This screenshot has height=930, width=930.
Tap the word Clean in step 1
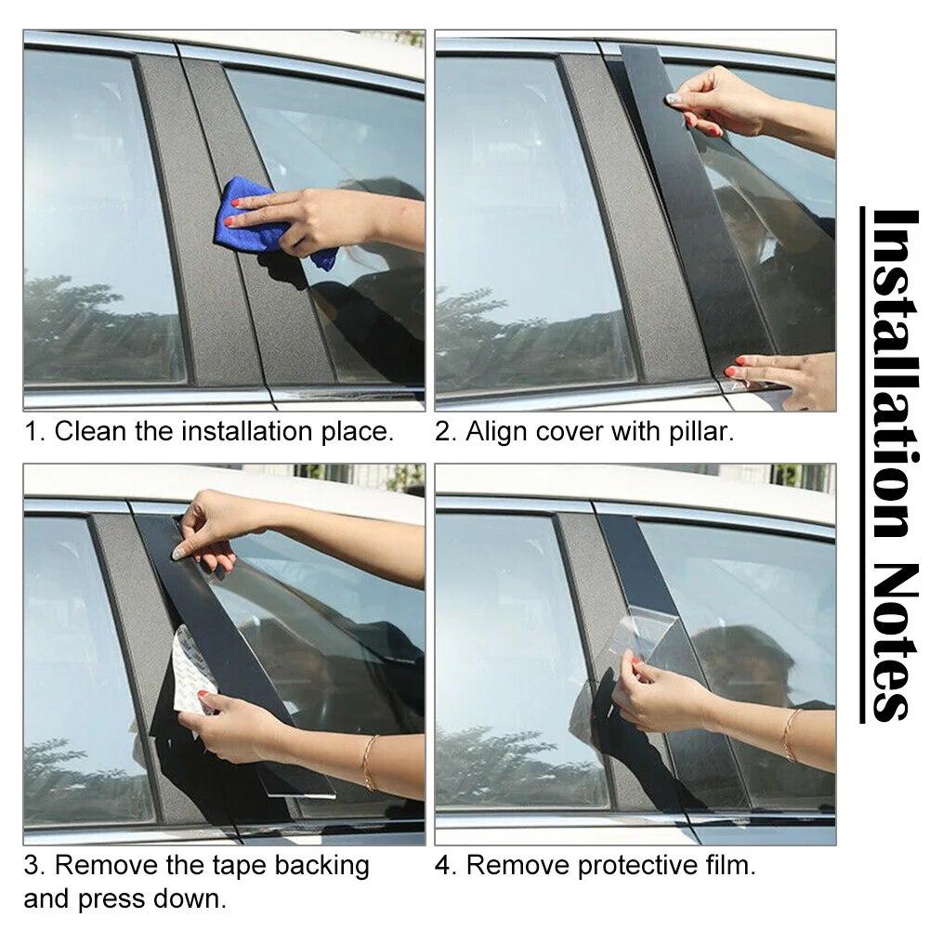coord(90,431)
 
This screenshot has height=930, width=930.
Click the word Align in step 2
coord(497,431)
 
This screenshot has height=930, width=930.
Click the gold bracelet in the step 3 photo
coord(369,762)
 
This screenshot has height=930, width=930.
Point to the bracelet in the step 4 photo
coord(790,734)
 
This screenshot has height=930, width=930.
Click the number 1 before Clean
coord(32,431)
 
